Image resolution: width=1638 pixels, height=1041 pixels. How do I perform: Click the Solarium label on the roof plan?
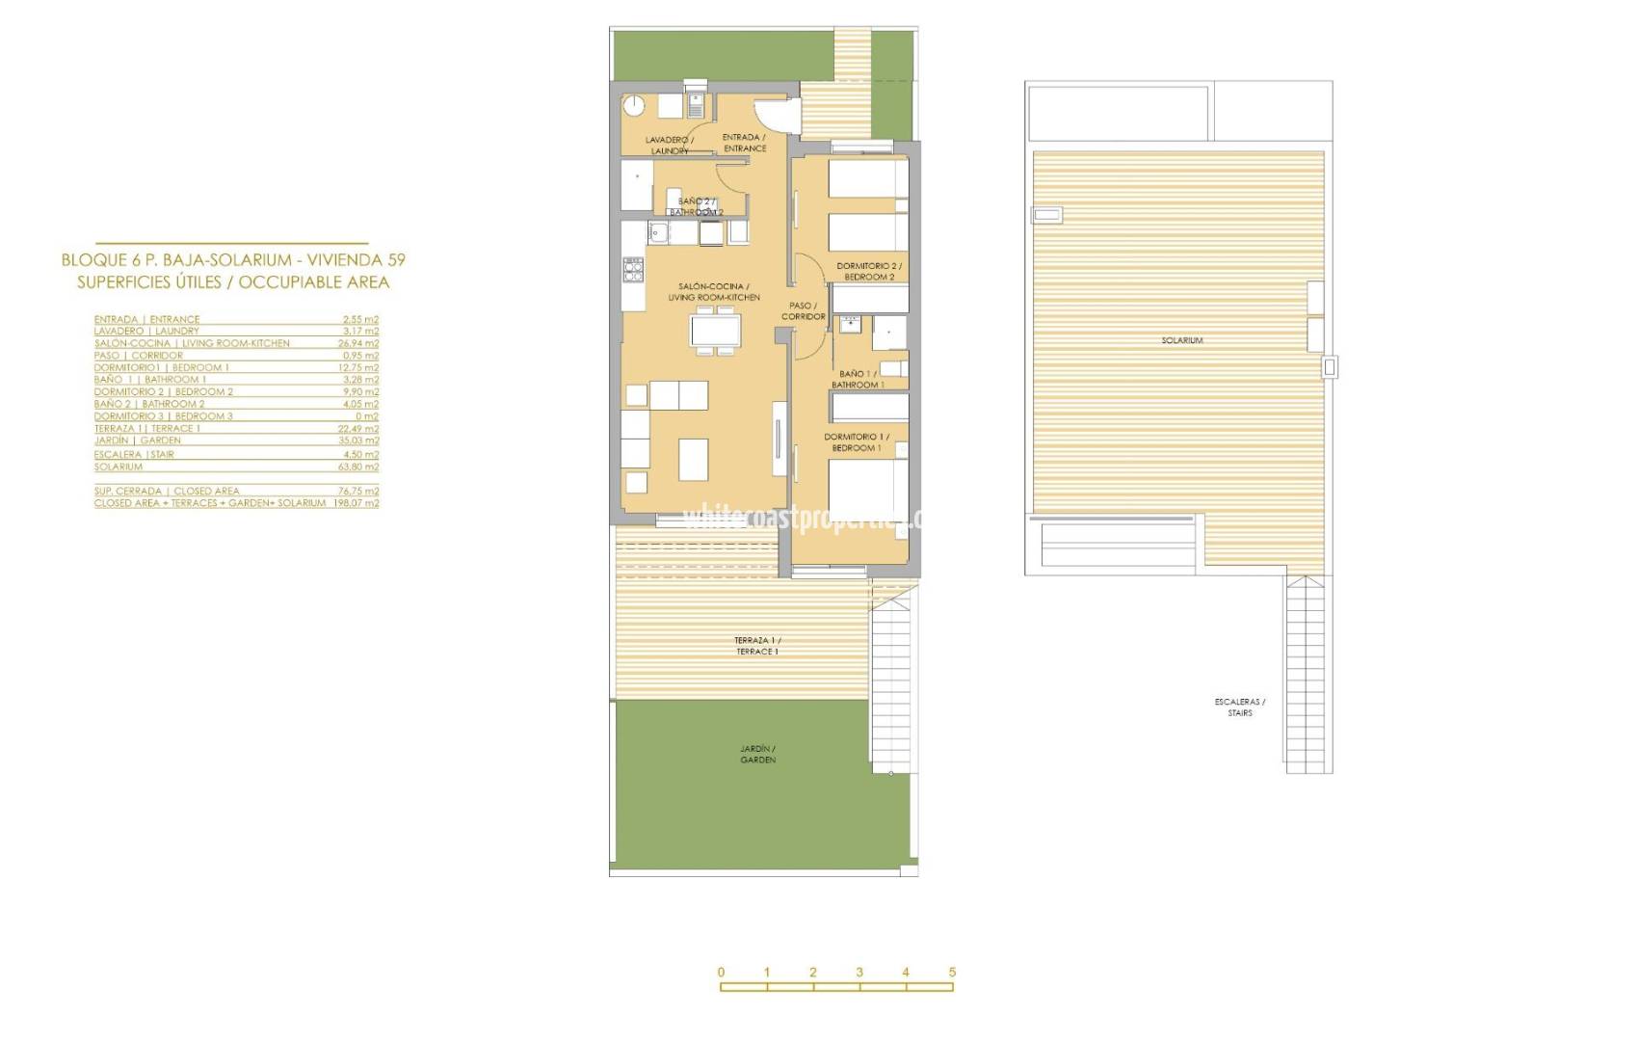coord(1181,340)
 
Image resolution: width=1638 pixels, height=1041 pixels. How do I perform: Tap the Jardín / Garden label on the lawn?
coord(757,754)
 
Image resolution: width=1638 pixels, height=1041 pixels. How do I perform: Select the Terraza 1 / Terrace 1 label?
coord(757,646)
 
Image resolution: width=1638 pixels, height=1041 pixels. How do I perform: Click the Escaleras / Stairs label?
coord(1240,707)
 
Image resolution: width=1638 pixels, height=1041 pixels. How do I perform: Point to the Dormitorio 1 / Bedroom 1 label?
coord(857,442)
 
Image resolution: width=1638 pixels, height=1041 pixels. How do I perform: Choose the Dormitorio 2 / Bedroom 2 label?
coord(869,271)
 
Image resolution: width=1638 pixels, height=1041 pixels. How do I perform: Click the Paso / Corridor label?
coord(803,310)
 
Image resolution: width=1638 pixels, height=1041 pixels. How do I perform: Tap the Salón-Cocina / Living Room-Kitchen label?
coord(713,291)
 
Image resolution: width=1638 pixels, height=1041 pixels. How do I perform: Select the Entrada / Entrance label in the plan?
coord(745,143)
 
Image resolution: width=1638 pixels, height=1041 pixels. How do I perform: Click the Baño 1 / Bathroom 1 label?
coord(858,379)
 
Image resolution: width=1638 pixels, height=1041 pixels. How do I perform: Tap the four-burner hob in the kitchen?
coord(633,269)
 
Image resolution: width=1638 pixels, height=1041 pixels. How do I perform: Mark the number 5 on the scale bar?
coord(952,972)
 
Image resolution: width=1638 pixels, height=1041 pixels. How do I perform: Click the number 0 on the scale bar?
coord(721,972)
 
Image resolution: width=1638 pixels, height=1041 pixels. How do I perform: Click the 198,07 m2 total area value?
coord(357,503)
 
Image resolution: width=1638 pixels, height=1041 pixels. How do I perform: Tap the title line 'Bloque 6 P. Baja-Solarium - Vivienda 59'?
coord(233,259)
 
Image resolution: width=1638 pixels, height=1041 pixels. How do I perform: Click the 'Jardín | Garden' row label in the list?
coord(137,440)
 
